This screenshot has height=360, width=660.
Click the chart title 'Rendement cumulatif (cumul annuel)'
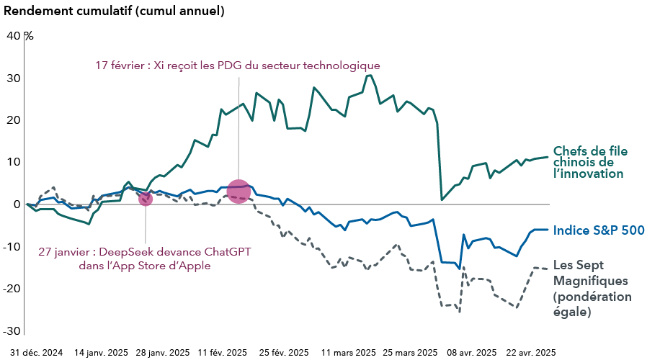pos(114,12)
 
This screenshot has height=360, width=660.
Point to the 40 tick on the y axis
pos(14,35)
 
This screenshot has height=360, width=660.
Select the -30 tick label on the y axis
pos(12,330)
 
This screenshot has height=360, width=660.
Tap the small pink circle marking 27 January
pos(145,198)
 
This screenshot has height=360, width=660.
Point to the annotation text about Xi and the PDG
pos(237,66)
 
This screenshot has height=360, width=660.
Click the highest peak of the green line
pos(370,75)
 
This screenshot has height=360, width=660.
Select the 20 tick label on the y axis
pos(14,120)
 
